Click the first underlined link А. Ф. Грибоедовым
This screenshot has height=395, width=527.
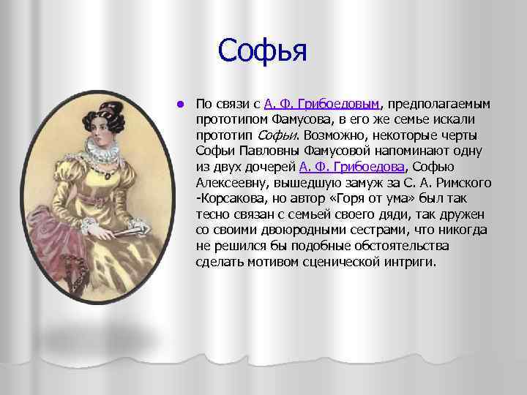[323, 103]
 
